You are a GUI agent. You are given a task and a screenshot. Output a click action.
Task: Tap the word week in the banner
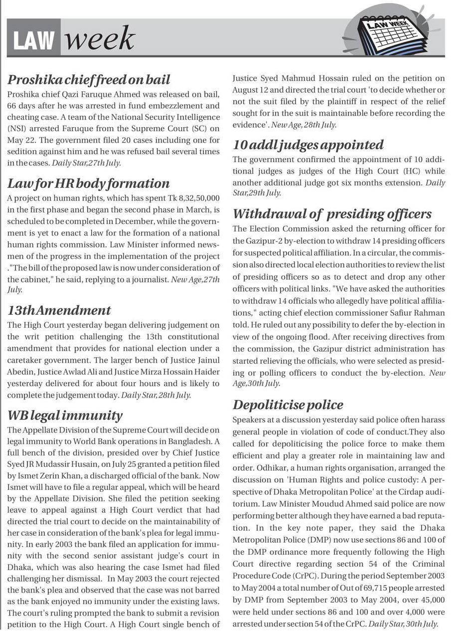(100, 39)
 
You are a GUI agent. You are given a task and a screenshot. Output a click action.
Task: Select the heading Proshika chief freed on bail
(89, 80)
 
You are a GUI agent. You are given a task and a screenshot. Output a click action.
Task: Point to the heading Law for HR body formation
(88, 184)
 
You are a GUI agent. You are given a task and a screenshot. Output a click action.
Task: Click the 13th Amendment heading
(59, 310)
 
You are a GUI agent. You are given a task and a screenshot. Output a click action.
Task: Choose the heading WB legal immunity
(65, 416)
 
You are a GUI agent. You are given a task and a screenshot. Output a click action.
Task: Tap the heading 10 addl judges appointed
(308, 145)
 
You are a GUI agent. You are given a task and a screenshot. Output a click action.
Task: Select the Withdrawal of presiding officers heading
(332, 214)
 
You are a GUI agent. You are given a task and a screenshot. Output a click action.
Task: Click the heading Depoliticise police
(288, 405)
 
